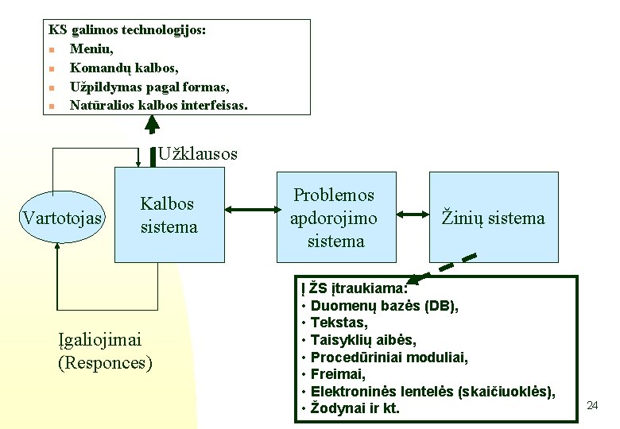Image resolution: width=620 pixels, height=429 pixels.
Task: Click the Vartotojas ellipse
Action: pos(63,218)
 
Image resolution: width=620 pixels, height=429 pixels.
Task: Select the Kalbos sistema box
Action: pos(169,214)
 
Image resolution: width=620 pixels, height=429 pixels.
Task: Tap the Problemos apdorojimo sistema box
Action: pos(335,217)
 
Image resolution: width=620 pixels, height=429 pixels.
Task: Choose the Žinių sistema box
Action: pos(493,217)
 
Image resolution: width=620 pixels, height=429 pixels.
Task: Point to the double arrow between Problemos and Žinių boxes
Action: pos(412,214)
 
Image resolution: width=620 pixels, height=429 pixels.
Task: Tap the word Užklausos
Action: pos(197,154)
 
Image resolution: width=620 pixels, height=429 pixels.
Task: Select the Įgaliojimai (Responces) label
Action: pos(105,352)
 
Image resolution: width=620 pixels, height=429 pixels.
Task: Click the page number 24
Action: pos(591,406)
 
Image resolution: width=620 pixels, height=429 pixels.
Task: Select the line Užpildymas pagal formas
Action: pos(149,86)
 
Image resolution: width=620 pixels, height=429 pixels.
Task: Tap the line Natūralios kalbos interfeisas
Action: pos(159,105)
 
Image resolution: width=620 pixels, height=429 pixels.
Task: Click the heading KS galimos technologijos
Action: pos(127,30)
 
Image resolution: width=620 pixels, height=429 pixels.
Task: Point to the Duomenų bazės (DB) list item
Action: pos(384,306)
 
